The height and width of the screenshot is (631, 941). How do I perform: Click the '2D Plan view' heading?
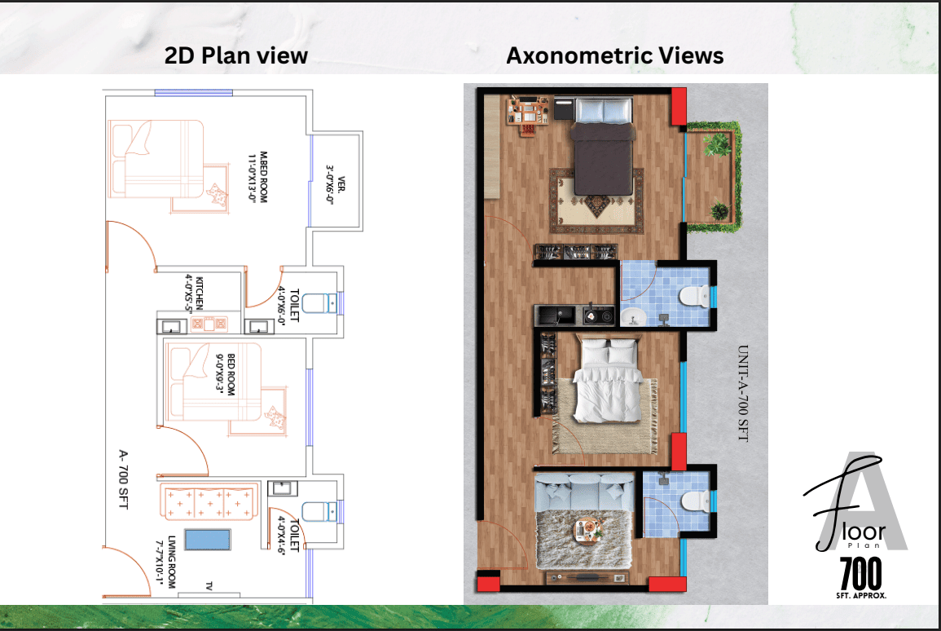click(235, 55)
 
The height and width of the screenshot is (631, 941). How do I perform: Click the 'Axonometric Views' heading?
click(615, 55)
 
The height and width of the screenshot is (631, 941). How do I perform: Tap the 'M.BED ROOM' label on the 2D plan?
click(263, 177)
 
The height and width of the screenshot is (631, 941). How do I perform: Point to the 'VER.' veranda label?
click(341, 183)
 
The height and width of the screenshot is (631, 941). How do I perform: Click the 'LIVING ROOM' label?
click(172, 562)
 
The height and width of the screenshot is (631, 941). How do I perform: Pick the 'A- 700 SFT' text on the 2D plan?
click(123, 479)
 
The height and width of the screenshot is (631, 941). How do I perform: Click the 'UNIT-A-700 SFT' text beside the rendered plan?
click(743, 393)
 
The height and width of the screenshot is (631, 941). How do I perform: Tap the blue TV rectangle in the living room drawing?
click(208, 540)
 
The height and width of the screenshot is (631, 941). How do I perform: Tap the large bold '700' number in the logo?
click(860, 574)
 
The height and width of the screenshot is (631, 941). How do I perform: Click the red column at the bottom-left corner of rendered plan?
click(488, 582)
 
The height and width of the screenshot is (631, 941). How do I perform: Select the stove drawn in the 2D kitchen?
click(209, 324)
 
